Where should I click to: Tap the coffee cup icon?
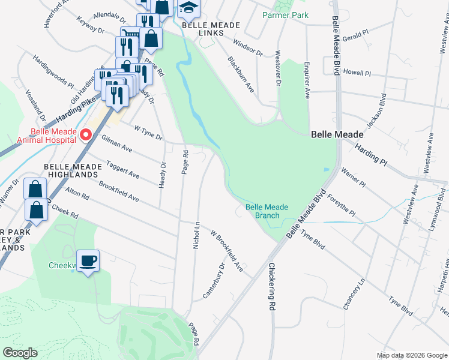pos(88,260)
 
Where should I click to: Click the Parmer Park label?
pos(285,14)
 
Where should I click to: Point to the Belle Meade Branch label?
pos(267,211)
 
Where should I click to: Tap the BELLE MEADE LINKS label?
pos(211,29)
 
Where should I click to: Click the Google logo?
pos(20,352)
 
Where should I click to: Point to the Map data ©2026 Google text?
pos(411,355)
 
